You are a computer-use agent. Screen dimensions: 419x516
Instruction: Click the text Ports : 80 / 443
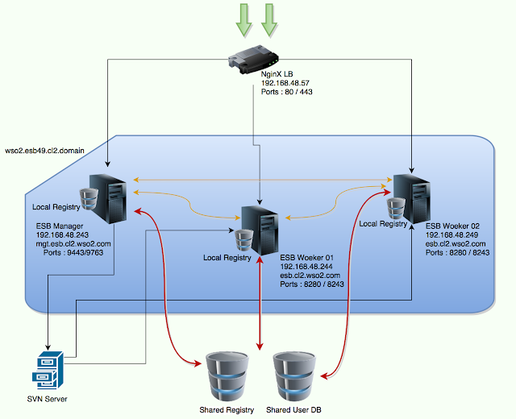click(x=286, y=93)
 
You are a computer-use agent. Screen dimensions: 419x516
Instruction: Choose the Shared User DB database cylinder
click(x=296, y=375)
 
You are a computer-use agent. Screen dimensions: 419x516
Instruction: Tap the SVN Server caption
click(x=44, y=400)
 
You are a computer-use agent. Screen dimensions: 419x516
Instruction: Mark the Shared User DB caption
click(x=296, y=409)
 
